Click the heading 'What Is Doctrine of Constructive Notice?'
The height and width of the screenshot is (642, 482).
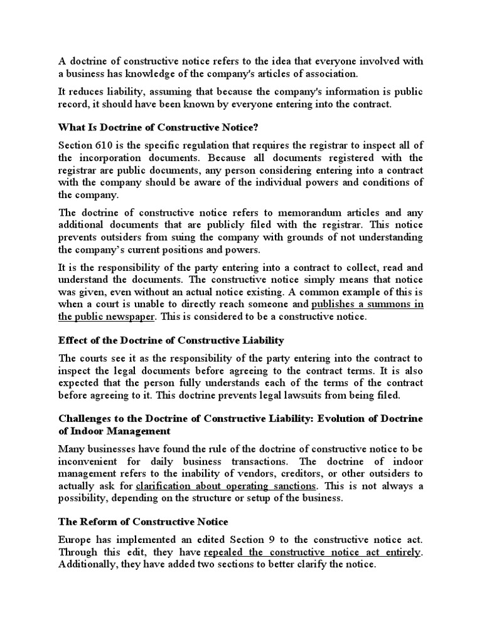click(158, 127)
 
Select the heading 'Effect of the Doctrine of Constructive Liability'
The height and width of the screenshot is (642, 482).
click(171, 340)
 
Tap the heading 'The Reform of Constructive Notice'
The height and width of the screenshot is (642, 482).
click(144, 522)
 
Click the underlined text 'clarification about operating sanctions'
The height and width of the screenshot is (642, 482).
click(227, 486)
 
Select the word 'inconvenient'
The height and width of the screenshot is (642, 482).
click(88, 461)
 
